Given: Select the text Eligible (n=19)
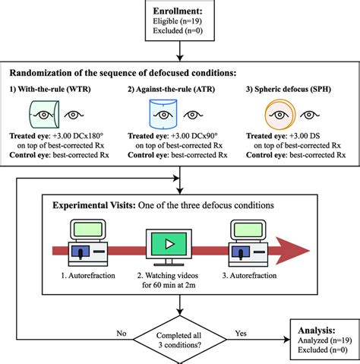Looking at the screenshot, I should click(180, 24).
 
